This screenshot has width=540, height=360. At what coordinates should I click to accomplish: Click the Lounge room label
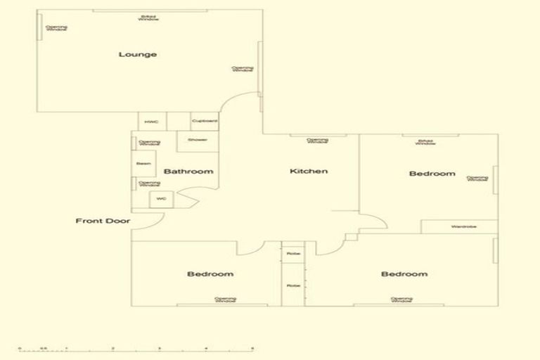click(137, 54)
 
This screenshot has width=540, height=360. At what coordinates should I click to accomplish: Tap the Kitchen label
click(309, 171)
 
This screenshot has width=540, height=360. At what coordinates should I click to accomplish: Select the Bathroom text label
click(188, 172)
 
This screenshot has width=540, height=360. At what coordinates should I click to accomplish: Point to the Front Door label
click(103, 221)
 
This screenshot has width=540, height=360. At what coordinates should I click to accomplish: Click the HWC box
click(152, 122)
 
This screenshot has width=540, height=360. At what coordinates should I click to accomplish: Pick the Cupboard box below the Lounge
click(205, 122)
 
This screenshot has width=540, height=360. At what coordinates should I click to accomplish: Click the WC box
click(161, 200)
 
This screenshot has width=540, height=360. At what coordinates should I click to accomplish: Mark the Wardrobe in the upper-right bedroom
click(460, 227)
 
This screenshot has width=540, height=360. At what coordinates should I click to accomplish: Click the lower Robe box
click(292, 285)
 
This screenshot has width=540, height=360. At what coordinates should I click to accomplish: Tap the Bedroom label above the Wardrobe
click(432, 174)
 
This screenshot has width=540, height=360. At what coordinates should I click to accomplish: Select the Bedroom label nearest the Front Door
click(210, 274)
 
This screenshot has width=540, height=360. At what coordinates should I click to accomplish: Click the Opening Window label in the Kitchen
click(318, 141)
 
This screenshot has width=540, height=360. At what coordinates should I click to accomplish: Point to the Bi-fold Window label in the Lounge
click(148, 18)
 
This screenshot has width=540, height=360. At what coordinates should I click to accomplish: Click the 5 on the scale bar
click(252, 347)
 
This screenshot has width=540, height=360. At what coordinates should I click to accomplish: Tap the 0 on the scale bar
click(20, 347)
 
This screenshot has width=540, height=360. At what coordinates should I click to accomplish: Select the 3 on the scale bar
click(159, 347)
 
